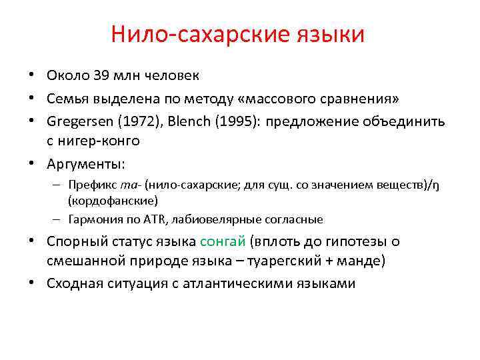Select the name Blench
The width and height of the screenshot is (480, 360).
coord(186,121)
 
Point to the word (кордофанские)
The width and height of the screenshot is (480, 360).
coord(113,200)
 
